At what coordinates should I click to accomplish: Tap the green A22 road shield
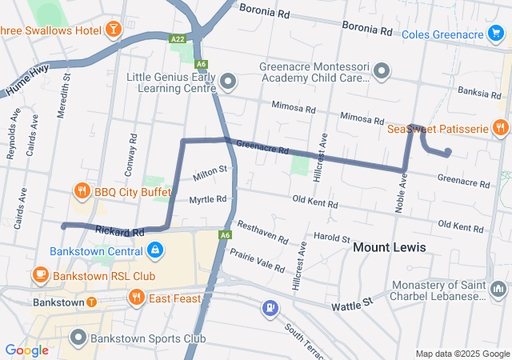pyautogui.click(x=178, y=38)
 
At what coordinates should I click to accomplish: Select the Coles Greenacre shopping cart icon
pyautogui.click(x=496, y=34)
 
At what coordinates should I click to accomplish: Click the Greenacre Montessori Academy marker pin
pyautogui.click(x=382, y=72)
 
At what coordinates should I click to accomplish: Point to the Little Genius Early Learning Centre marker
pyautogui.click(x=230, y=82)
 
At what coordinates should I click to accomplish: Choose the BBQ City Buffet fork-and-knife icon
pyautogui.click(x=82, y=191)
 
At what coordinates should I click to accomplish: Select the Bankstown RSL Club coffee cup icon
pyautogui.click(x=39, y=275)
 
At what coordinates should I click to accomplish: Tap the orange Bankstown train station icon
pyautogui.click(x=92, y=302)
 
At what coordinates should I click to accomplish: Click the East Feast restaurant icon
pyautogui.click(x=137, y=298)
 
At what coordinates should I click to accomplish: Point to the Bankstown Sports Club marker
pyautogui.click(x=78, y=337)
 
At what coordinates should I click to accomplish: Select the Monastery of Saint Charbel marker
pyautogui.click(x=498, y=288)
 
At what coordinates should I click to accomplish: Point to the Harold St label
pyautogui.click(x=331, y=238)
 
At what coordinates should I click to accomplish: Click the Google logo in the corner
pyautogui.click(x=26, y=350)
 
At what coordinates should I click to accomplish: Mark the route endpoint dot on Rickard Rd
pyautogui.click(x=64, y=226)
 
